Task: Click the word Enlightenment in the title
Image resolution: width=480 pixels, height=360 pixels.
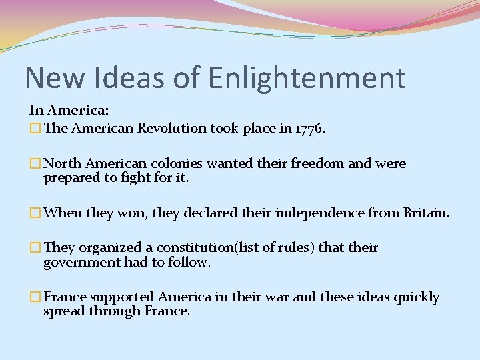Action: click(307, 77)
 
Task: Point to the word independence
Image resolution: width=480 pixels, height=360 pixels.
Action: click(328, 213)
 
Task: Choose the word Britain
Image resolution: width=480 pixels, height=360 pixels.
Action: click(425, 213)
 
